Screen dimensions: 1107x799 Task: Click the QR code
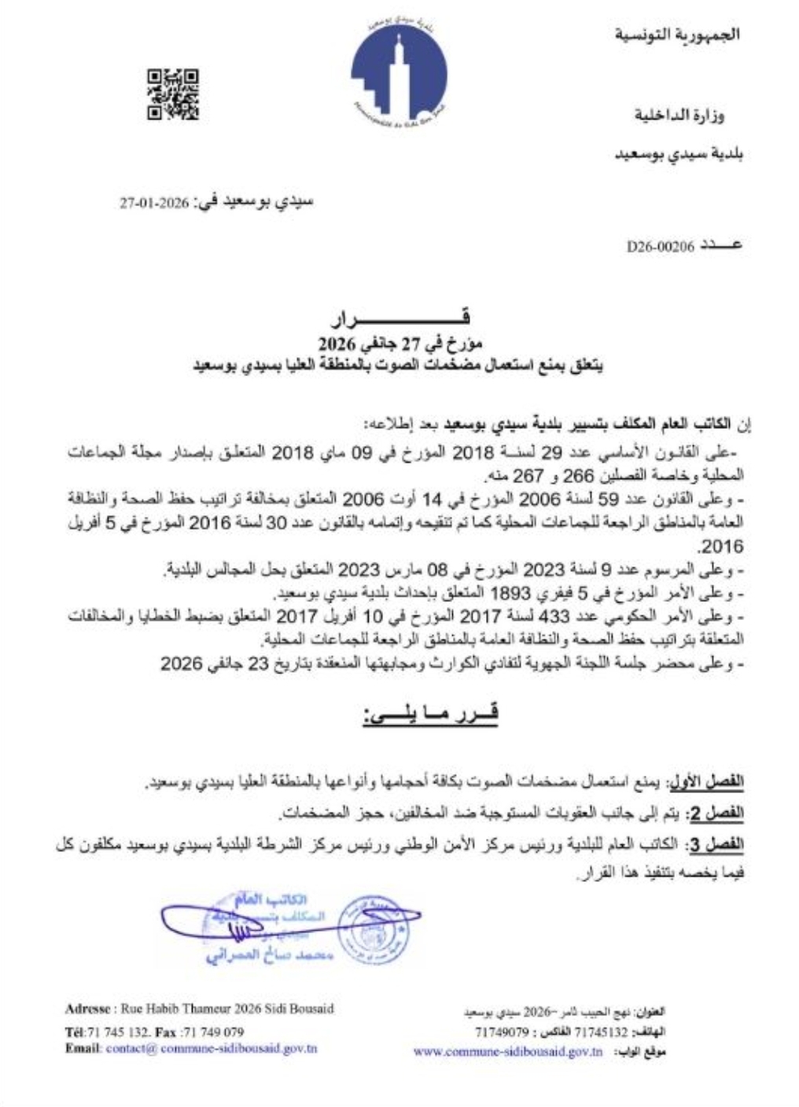172,95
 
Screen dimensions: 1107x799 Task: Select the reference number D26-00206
661,246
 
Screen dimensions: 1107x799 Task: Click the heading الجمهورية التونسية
677,35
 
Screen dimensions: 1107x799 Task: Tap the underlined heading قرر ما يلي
430,714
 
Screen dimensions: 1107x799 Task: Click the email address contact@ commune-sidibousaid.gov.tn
212,1049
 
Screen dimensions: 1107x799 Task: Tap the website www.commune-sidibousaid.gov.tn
508,1051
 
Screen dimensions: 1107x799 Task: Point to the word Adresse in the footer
90,1009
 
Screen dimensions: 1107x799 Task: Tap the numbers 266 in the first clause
575,477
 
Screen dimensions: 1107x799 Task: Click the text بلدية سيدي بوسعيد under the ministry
679,154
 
